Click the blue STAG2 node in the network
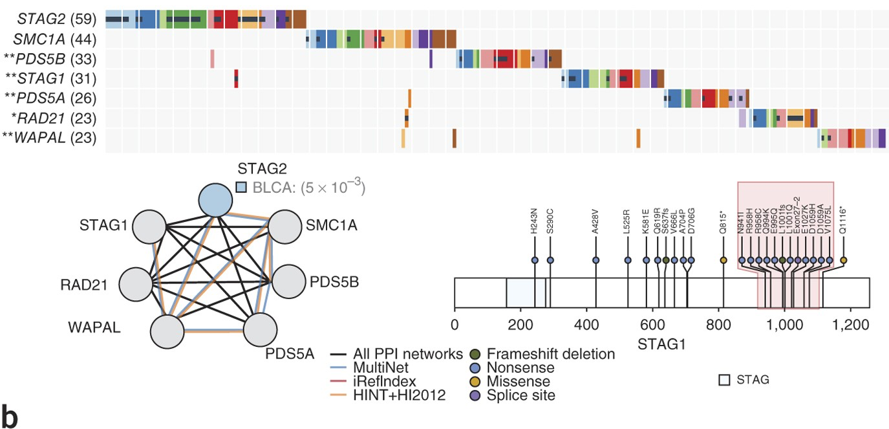click(217, 200)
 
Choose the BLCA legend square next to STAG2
click(241, 188)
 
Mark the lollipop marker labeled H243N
click(535, 260)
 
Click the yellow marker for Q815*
click(723, 260)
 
